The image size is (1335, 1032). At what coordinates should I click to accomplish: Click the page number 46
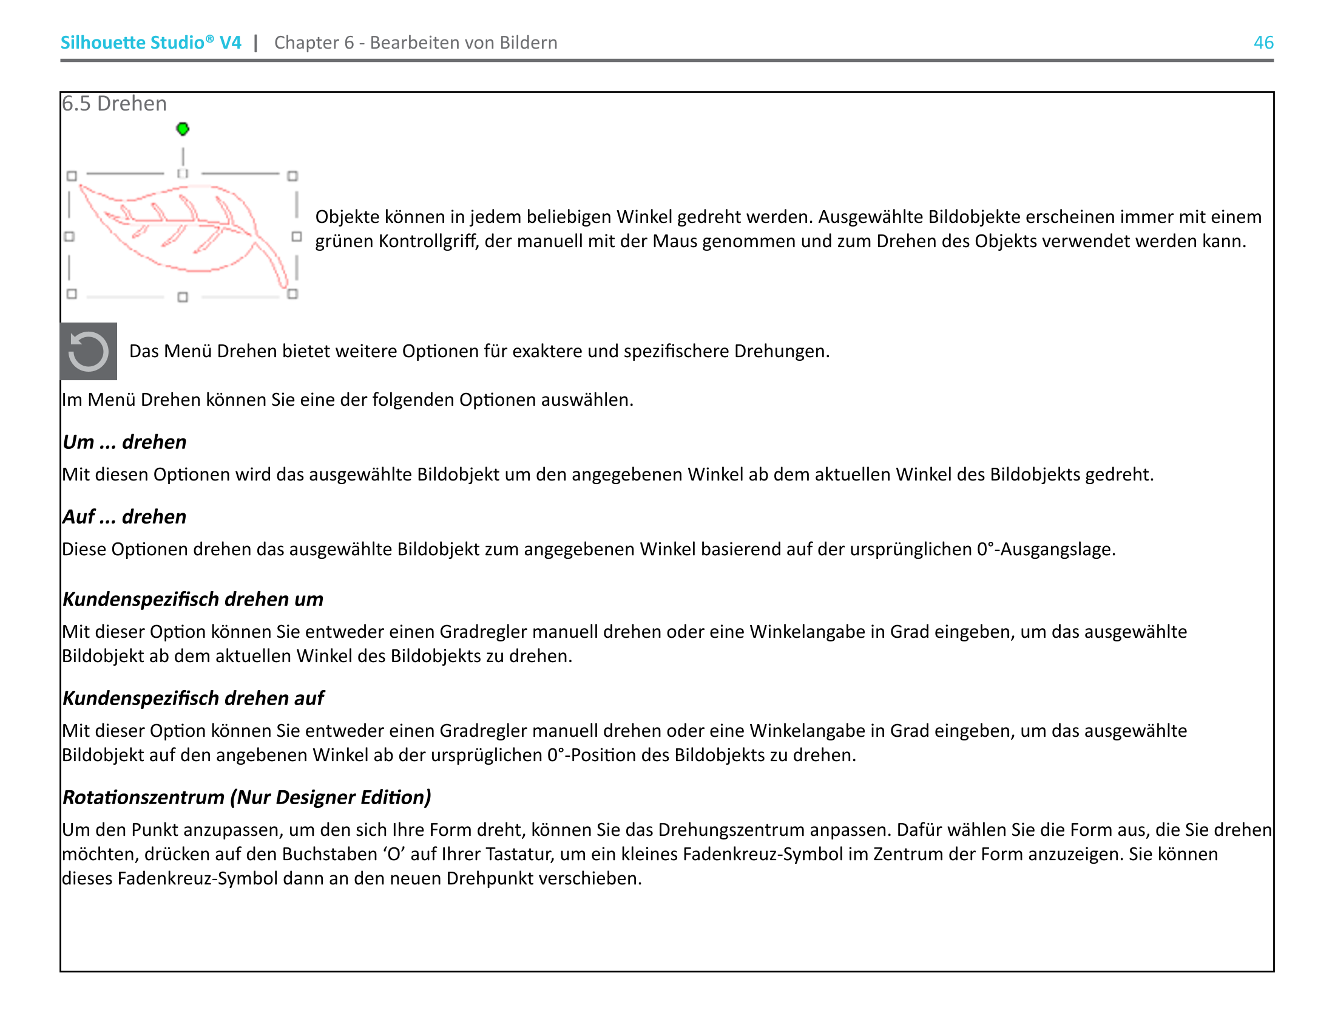pos(1263,43)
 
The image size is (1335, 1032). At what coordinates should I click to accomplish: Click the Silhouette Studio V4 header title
pos(150,43)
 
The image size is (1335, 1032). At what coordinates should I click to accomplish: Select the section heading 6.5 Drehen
pos(114,104)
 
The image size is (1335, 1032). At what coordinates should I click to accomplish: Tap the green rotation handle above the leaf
pos(183,129)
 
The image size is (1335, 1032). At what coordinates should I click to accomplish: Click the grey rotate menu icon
pos(89,351)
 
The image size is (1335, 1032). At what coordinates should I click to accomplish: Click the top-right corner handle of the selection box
pos(293,176)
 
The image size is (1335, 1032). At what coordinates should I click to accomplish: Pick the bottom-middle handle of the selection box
pos(183,297)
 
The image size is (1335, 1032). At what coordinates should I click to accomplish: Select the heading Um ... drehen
pos(124,442)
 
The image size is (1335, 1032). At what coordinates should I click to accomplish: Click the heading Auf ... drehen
pos(124,516)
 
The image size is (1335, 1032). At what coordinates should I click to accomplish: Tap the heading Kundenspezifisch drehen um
pos(193,599)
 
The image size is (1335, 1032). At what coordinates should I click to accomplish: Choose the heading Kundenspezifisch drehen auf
pos(194,698)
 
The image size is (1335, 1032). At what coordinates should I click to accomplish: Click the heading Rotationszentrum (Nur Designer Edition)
pos(247,797)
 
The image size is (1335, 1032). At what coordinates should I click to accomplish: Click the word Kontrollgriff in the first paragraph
pos(428,242)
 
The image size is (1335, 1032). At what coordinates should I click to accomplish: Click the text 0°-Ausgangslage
pos(1046,549)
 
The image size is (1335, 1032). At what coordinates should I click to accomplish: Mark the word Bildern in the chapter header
pos(528,43)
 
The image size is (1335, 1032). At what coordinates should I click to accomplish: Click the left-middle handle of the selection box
pos(70,237)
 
